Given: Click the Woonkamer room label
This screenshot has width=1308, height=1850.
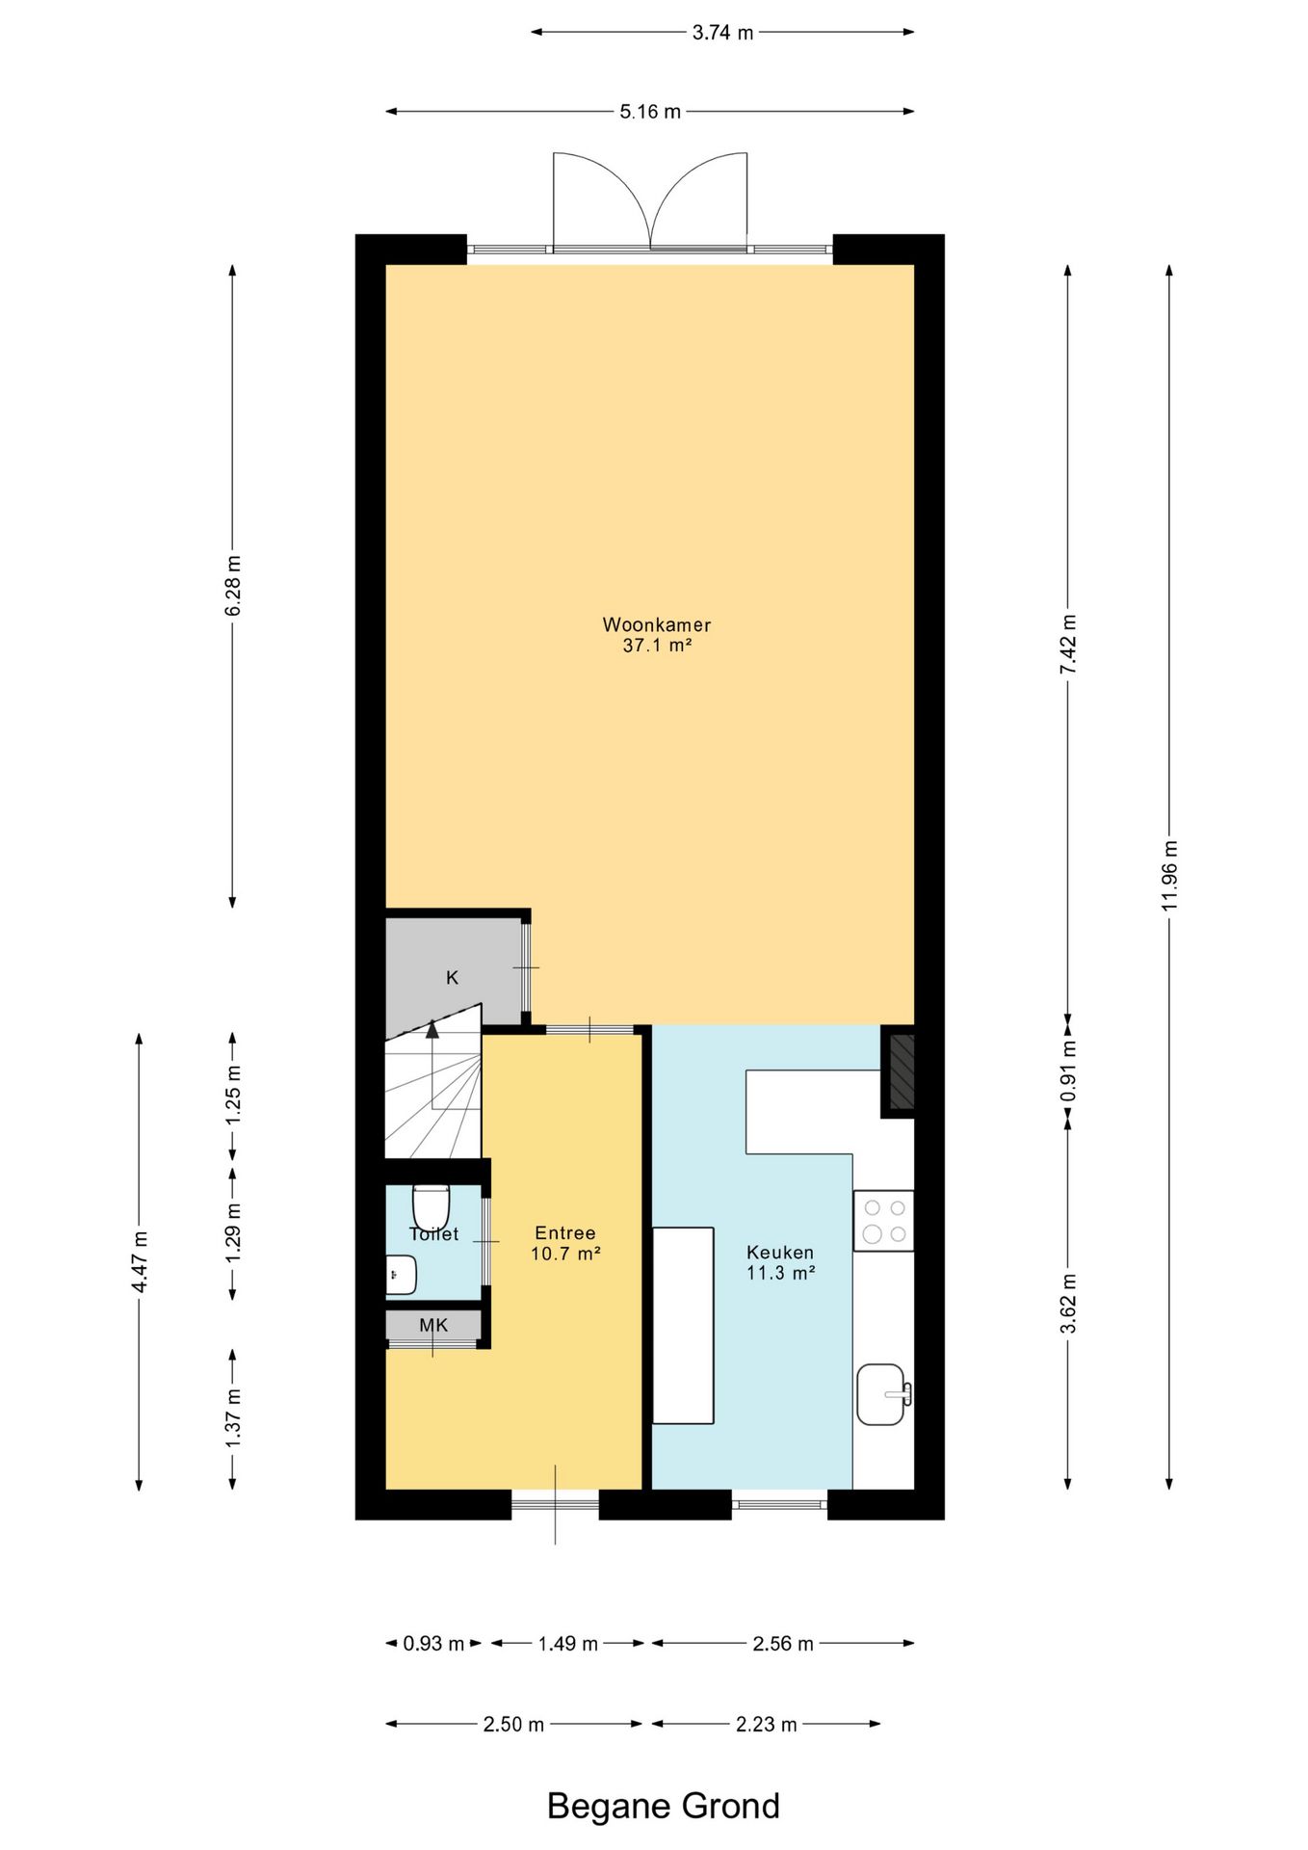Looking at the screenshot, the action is pyautogui.click(x=657, y=624).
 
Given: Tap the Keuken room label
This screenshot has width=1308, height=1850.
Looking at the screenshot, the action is pyautogui.click(x=780, y=1253).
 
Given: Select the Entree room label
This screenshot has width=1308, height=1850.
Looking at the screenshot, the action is pyautogui.click(x=565, y=1233).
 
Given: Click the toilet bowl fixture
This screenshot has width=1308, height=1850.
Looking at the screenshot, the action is pyautogui.click(x=431, y=1205).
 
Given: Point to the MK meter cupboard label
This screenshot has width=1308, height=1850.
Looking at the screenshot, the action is pyautogui.click(x=433, y=1326).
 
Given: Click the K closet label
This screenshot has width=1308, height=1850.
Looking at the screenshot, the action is pyautogui.click(x=452, y=978).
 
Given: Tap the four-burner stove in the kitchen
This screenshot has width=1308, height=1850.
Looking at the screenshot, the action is pyautogui.click(x=883, y=1221).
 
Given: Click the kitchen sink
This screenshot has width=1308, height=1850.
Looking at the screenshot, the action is pyautogui.click(x=882, y=1394).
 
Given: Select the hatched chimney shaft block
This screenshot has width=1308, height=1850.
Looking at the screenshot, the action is pyautogui.click(x=901, y=1071).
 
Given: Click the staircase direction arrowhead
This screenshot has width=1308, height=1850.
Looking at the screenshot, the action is pyautogui.click(x=432, y=1028).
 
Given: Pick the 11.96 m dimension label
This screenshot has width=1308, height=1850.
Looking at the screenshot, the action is pyautogui.click(x=1169, y=876).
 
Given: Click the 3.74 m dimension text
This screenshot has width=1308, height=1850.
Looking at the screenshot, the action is pyautogui.click(x=722, y=33).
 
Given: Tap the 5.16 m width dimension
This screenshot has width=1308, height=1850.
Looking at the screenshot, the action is pyautogui.click(x=650, y=112).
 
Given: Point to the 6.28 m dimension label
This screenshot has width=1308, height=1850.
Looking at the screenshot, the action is pyautogui.click(x=232, y=586).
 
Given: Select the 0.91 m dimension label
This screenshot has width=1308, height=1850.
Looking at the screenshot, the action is pyautogui.click(x=1068, y=1070).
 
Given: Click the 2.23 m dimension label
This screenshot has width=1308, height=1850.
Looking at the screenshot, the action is pyautogui.click(x=766, y=1724).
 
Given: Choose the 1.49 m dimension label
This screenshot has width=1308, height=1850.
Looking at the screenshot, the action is pyautogui.click(x=568, y=1643).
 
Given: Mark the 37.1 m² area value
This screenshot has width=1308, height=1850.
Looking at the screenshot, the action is pyautogui.click(x=658, y=646).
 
